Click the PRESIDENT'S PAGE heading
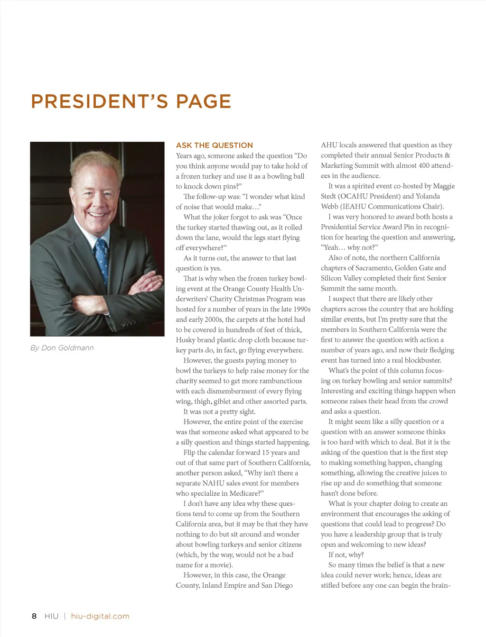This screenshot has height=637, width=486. coord(131,101)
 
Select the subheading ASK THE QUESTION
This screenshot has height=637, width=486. coord(214,146)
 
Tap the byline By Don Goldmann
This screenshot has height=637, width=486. coord(62,348)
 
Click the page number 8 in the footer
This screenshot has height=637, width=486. coord(34,616)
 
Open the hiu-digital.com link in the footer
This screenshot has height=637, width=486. coord(100,616)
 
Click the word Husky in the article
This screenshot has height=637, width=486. coord(186,340)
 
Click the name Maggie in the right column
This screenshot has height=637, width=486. coord(443,186)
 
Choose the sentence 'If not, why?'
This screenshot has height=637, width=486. coord(346,555)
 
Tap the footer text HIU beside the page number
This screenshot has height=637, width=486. coord(51,616)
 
